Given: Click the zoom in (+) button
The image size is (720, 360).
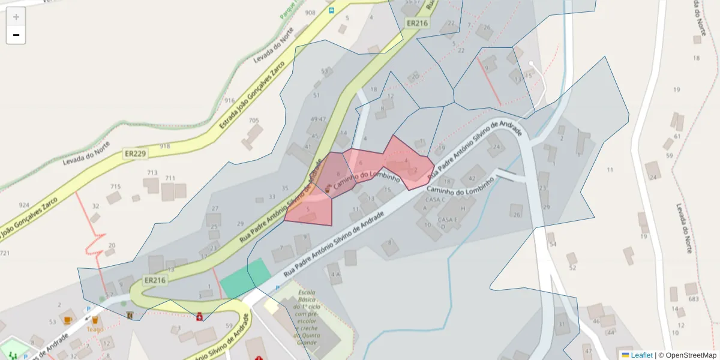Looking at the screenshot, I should coord(16,17).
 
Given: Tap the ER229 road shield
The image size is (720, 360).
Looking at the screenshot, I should coord(135,154).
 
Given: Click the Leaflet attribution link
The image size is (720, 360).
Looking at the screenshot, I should coord(641,355).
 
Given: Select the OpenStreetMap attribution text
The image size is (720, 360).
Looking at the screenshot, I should coord(687,355).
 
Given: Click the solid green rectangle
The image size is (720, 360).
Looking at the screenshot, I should coord(245,278).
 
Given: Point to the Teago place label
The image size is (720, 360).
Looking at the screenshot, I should coord(95,329).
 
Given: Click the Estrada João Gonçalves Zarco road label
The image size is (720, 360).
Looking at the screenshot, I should coord(252,91).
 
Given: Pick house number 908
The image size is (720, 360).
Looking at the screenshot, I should coord(310,13).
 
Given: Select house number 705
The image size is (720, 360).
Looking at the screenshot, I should coord(254,120).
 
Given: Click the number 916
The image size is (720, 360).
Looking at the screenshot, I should coord(229,100).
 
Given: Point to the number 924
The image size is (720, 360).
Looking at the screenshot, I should coord(24,205).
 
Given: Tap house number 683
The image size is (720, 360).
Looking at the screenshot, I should coord(694,299).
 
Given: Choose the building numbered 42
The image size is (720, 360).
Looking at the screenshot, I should coord(472,178).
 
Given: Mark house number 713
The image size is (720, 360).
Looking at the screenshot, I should coord(152,172).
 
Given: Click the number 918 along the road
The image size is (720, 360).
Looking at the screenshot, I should coord(165,146).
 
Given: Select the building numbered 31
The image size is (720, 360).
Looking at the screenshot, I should coord(562,325).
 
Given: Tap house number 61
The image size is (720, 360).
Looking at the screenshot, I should coord(677,136).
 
